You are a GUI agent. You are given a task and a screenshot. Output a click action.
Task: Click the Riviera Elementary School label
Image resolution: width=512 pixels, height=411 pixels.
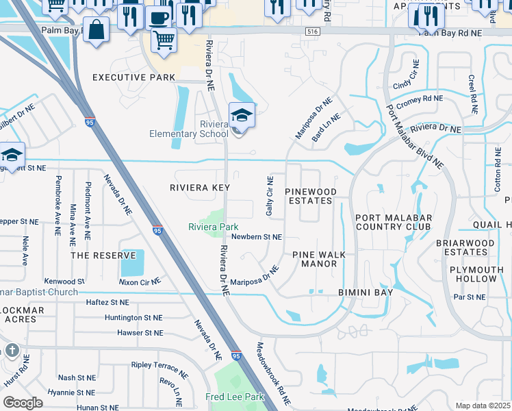(x=188, y=129)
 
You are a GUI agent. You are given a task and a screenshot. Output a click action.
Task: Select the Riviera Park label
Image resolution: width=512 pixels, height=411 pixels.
(x=214, y=226)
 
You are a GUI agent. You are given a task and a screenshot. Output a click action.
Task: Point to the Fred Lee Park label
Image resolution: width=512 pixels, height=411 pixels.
(x=235, y=397)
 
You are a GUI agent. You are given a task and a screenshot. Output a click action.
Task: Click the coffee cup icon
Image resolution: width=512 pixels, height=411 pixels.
(x=159, y=17)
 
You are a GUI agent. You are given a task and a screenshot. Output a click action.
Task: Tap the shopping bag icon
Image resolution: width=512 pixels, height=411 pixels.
(x=97, y=29)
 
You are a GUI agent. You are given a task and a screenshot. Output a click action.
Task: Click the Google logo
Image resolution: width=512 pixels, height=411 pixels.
(x=23, y=402)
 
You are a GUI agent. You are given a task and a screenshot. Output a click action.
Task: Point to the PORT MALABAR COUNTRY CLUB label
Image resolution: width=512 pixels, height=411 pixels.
(x=393, y=222)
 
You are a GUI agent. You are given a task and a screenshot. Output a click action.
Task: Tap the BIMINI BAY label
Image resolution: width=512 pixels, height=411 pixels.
(x=366, y=292)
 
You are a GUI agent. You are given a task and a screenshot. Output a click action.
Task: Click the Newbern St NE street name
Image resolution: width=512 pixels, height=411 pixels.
(x=257, y=237)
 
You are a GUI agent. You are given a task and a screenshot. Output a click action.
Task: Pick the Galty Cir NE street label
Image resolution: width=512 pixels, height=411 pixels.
(x=270, y=196)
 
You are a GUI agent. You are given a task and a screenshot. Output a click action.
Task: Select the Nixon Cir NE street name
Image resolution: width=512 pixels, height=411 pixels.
(x=140, y=281)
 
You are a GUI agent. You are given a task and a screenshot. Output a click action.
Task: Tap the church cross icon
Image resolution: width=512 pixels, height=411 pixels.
(x=12, y=351)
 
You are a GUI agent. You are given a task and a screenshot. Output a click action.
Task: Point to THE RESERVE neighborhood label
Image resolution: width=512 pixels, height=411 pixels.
(x=103, y=255)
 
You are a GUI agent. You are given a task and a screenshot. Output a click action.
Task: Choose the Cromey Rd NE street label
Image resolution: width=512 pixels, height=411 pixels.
(x=420, y=99)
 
